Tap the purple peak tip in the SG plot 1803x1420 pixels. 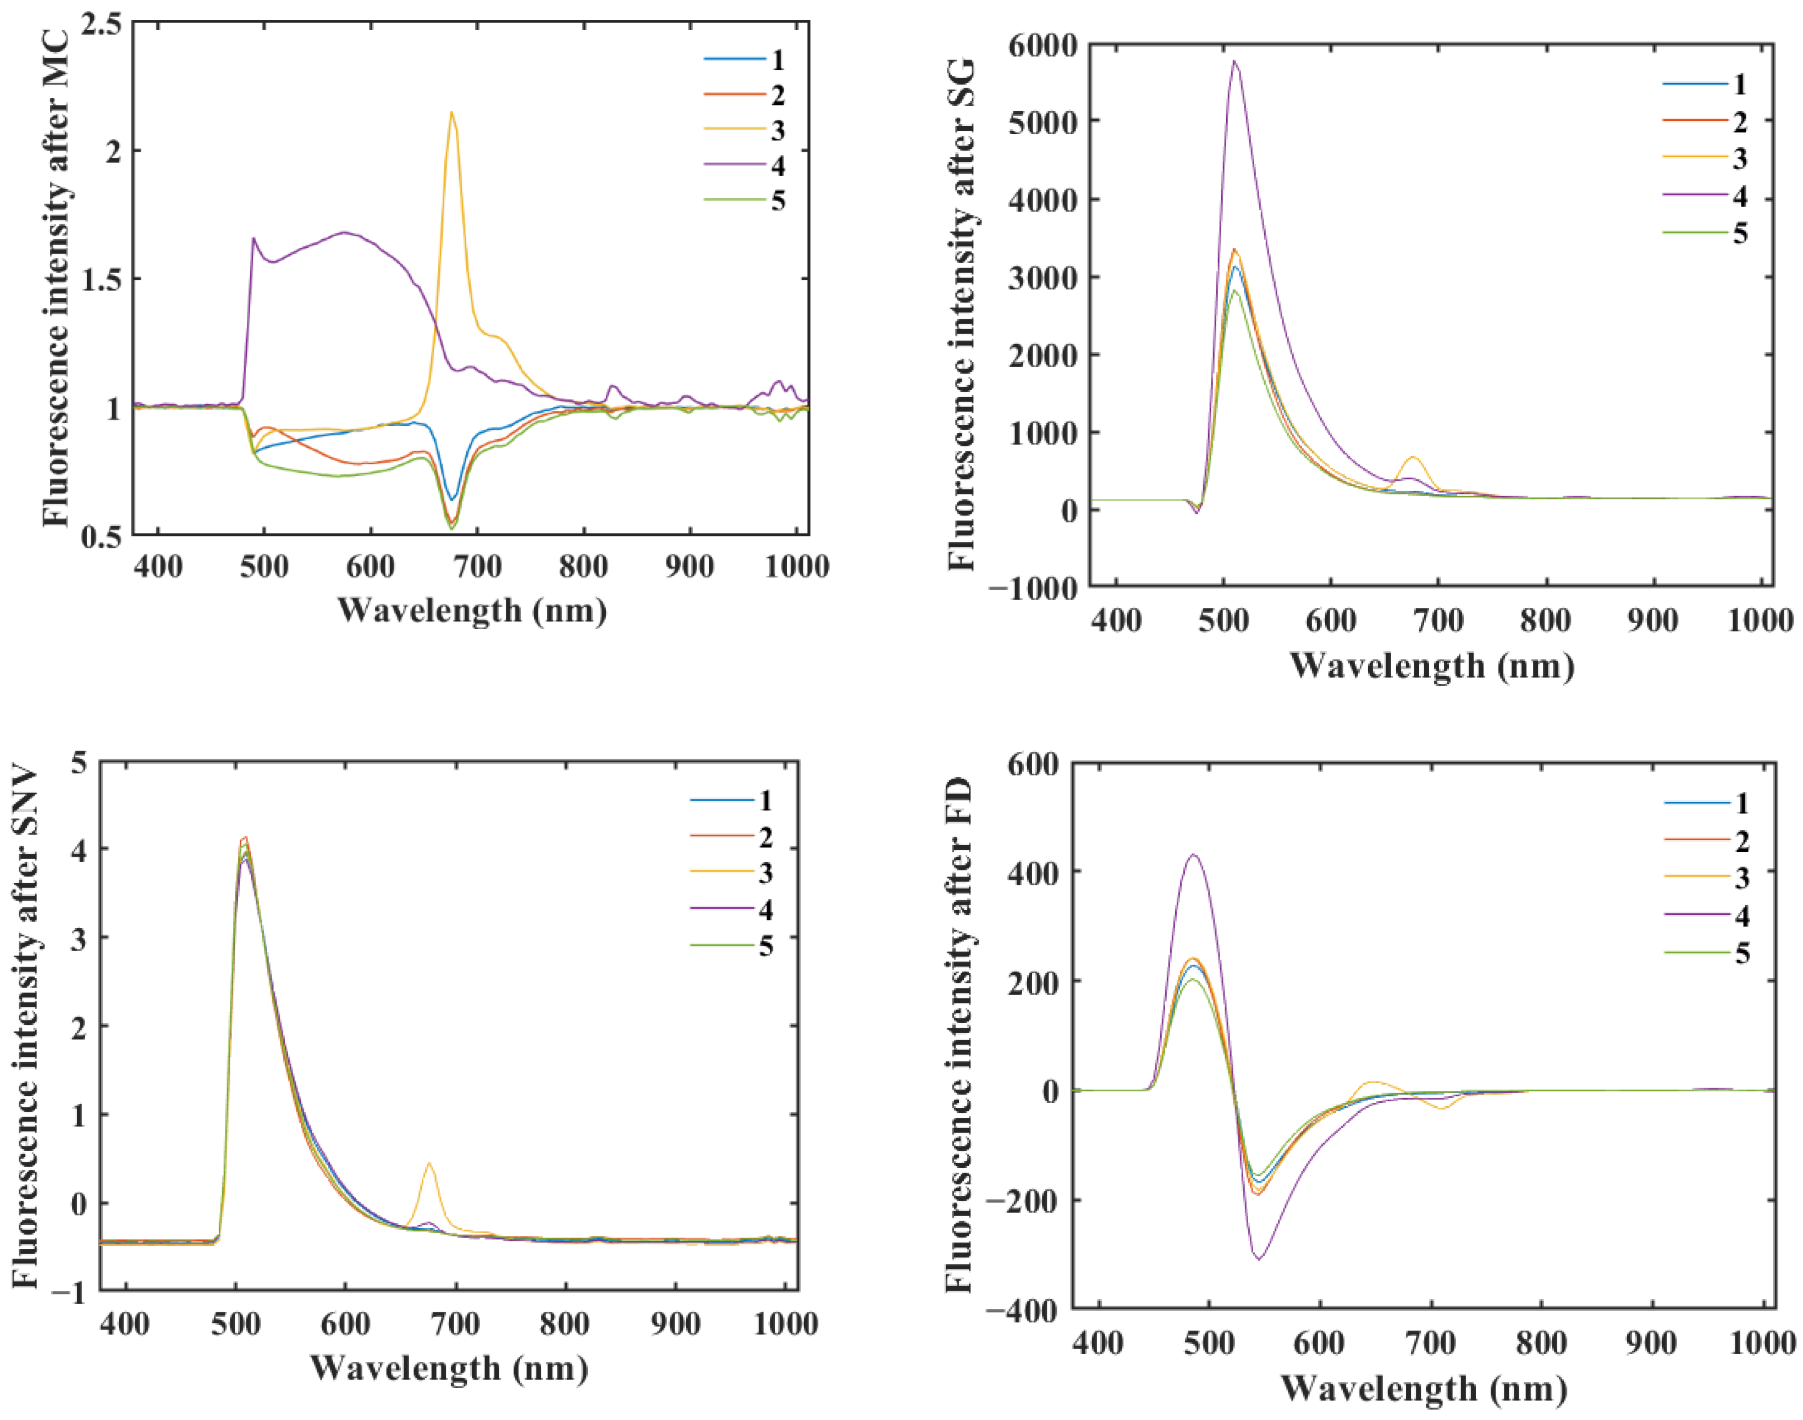pos(1234,62)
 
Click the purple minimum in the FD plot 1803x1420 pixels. pos(1258,1259)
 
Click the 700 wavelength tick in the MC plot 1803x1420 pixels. pos(477,566)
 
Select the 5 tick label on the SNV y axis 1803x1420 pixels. pos(79,762)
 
